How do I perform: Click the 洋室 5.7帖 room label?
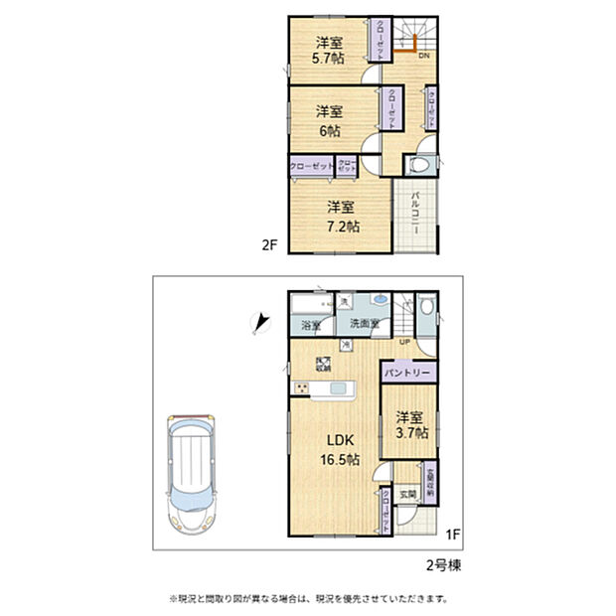point(330,50)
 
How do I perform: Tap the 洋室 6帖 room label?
point(330,120)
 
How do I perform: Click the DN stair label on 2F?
point(422,57)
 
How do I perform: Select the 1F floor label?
point(452,536)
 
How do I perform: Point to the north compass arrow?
point(261,323)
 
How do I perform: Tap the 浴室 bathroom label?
point(311,325)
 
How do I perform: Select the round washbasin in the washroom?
point(381,300)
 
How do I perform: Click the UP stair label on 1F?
point(404,343)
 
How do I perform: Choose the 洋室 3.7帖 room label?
point(409,425)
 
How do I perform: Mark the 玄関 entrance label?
point(407,495)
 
